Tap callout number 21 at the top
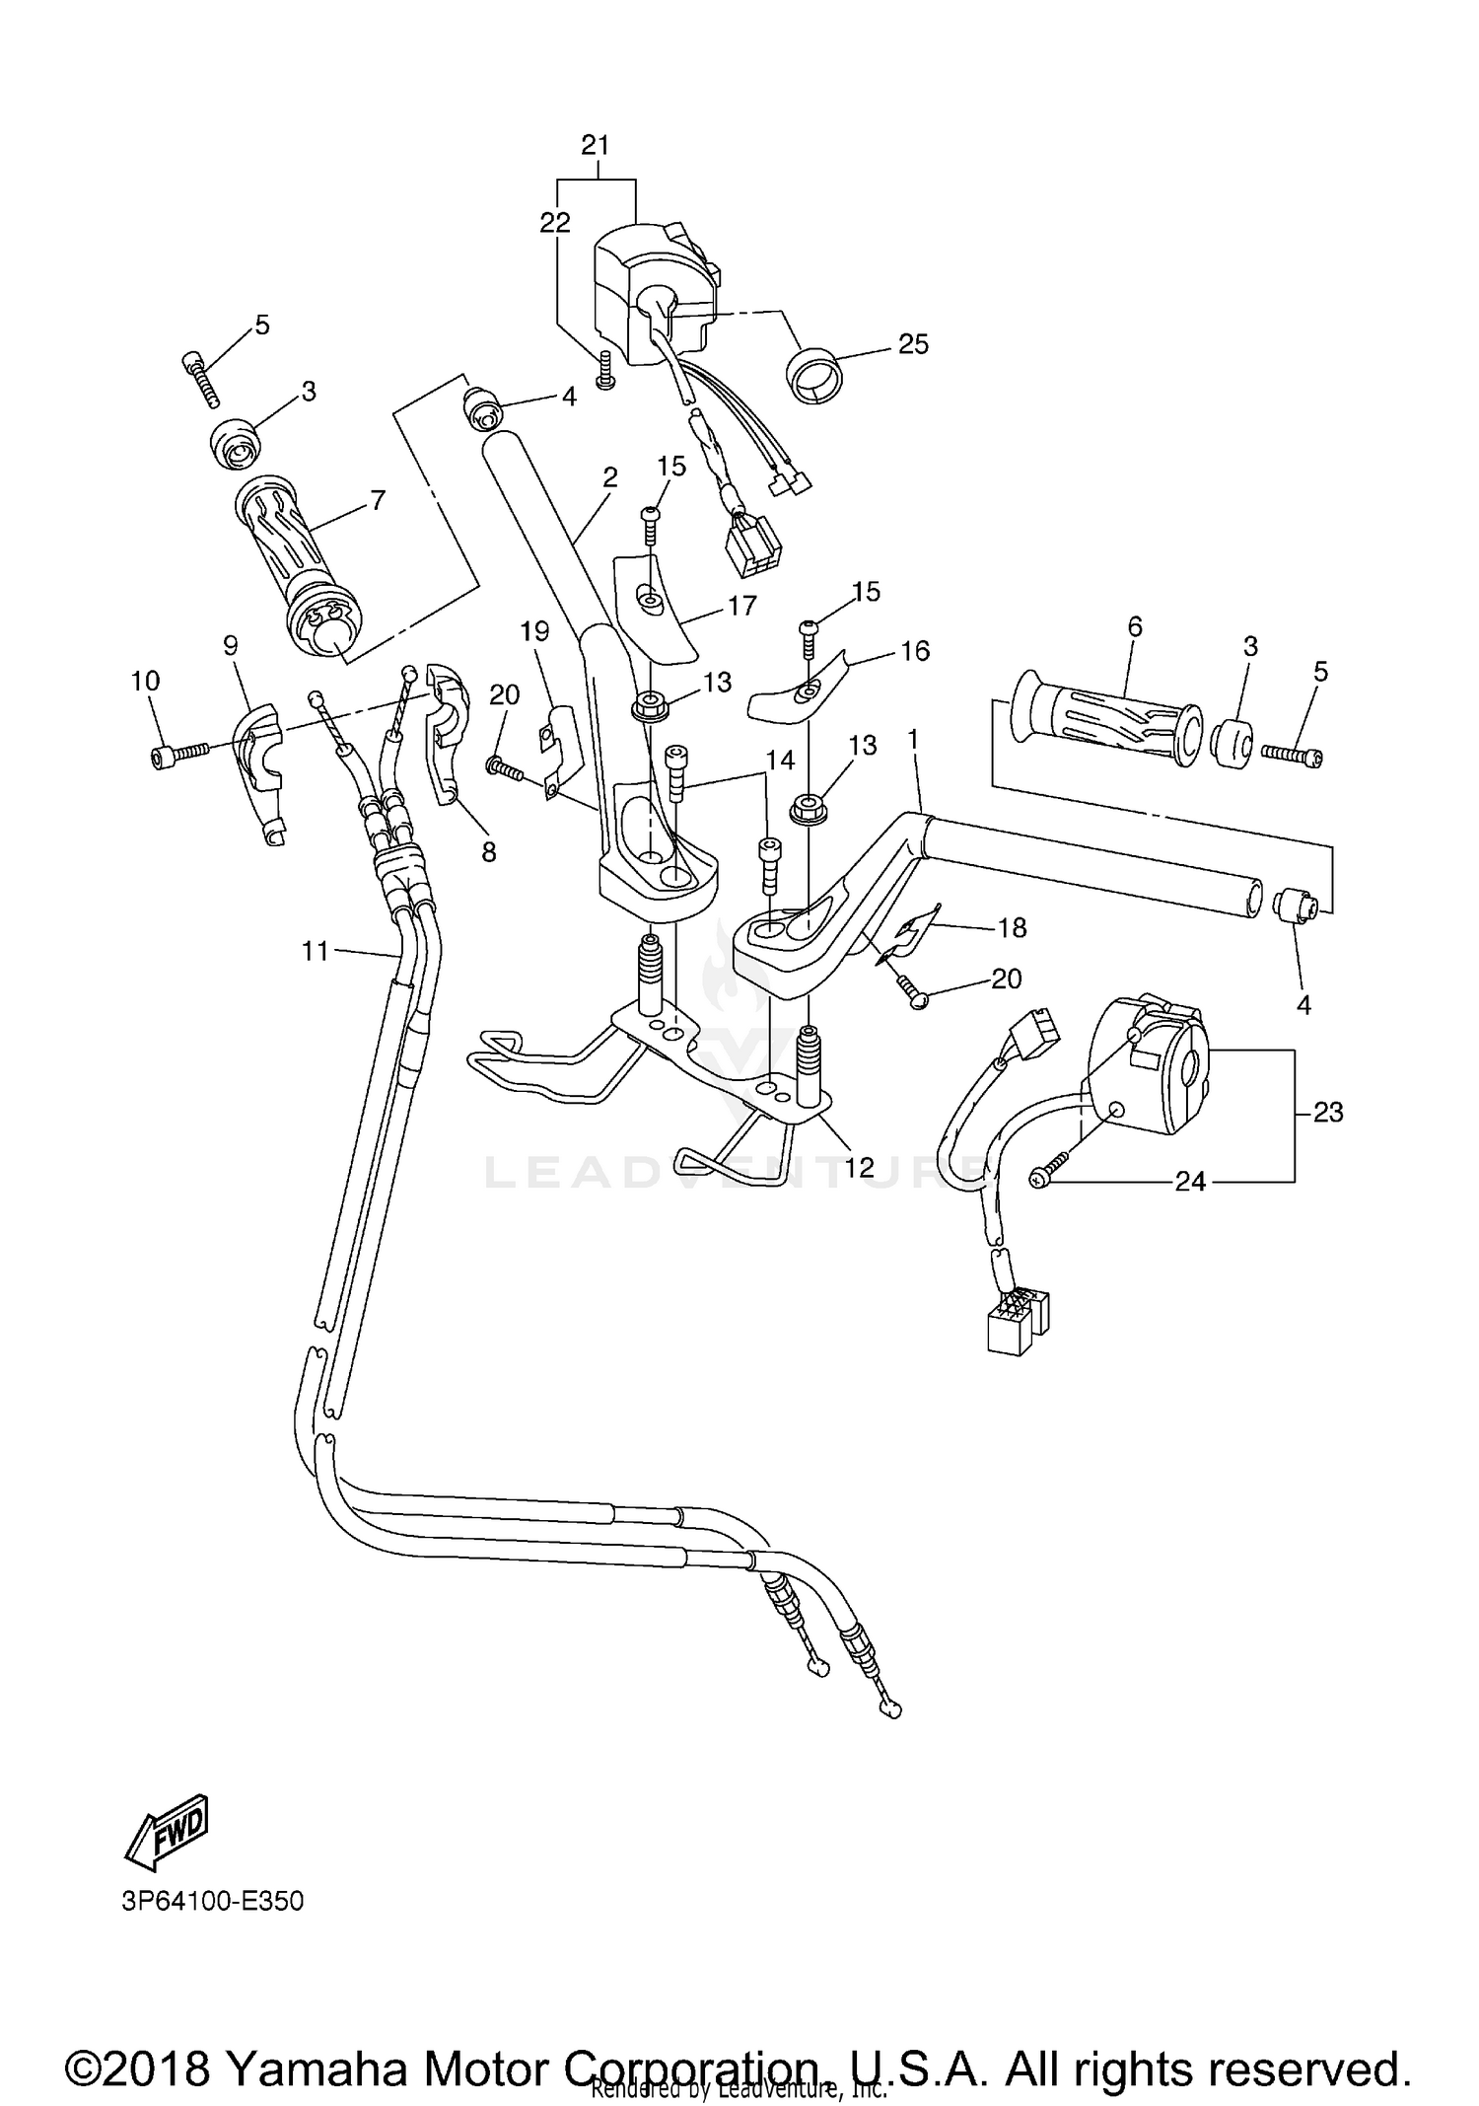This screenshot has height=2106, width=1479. click(x=596, y=146)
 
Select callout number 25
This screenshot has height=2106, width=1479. click(x=913, y=344)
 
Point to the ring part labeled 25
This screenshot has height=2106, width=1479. click(x=813, y=374)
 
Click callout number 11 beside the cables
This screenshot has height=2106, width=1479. click(x=315, y=951)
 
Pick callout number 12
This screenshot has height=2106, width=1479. click(x=859, y=1167)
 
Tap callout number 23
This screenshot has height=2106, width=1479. click(x=1328, y=1112)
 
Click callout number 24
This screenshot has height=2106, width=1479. click(x=1190, y=1181)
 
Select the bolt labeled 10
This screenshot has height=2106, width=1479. click(x=177, y=757)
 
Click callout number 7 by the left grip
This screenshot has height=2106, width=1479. click(x=377, y=501)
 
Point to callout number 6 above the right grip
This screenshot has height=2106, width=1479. click(x=1135, y=626)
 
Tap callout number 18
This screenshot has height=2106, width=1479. click(x=1012, y=927)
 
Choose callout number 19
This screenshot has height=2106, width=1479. click(x=534, y=631)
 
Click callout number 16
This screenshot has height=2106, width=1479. click(x=915, y=651)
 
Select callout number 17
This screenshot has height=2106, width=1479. click(x=741, y=606)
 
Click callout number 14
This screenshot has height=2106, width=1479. click(x=779, y=760)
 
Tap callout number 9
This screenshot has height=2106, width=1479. click(x=231, y=646)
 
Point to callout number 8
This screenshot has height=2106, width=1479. click(x=489, y=851)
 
